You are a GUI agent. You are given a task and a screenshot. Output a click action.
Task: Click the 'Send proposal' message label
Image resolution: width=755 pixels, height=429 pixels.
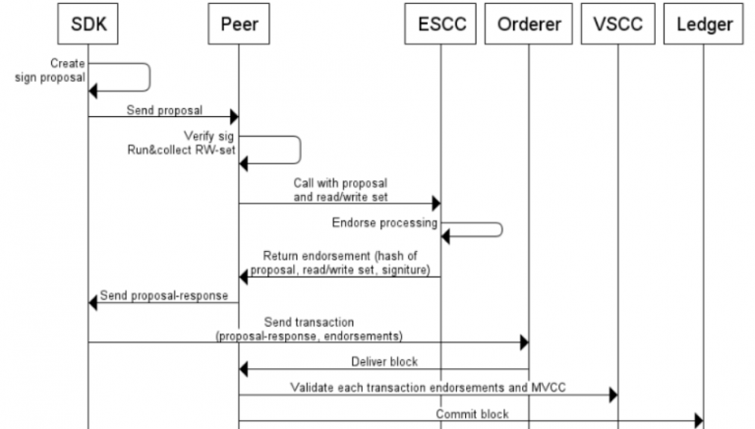(x=158, y=110)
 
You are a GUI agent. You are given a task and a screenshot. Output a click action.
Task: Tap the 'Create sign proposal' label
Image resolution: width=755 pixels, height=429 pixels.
(x=50, y=71)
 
